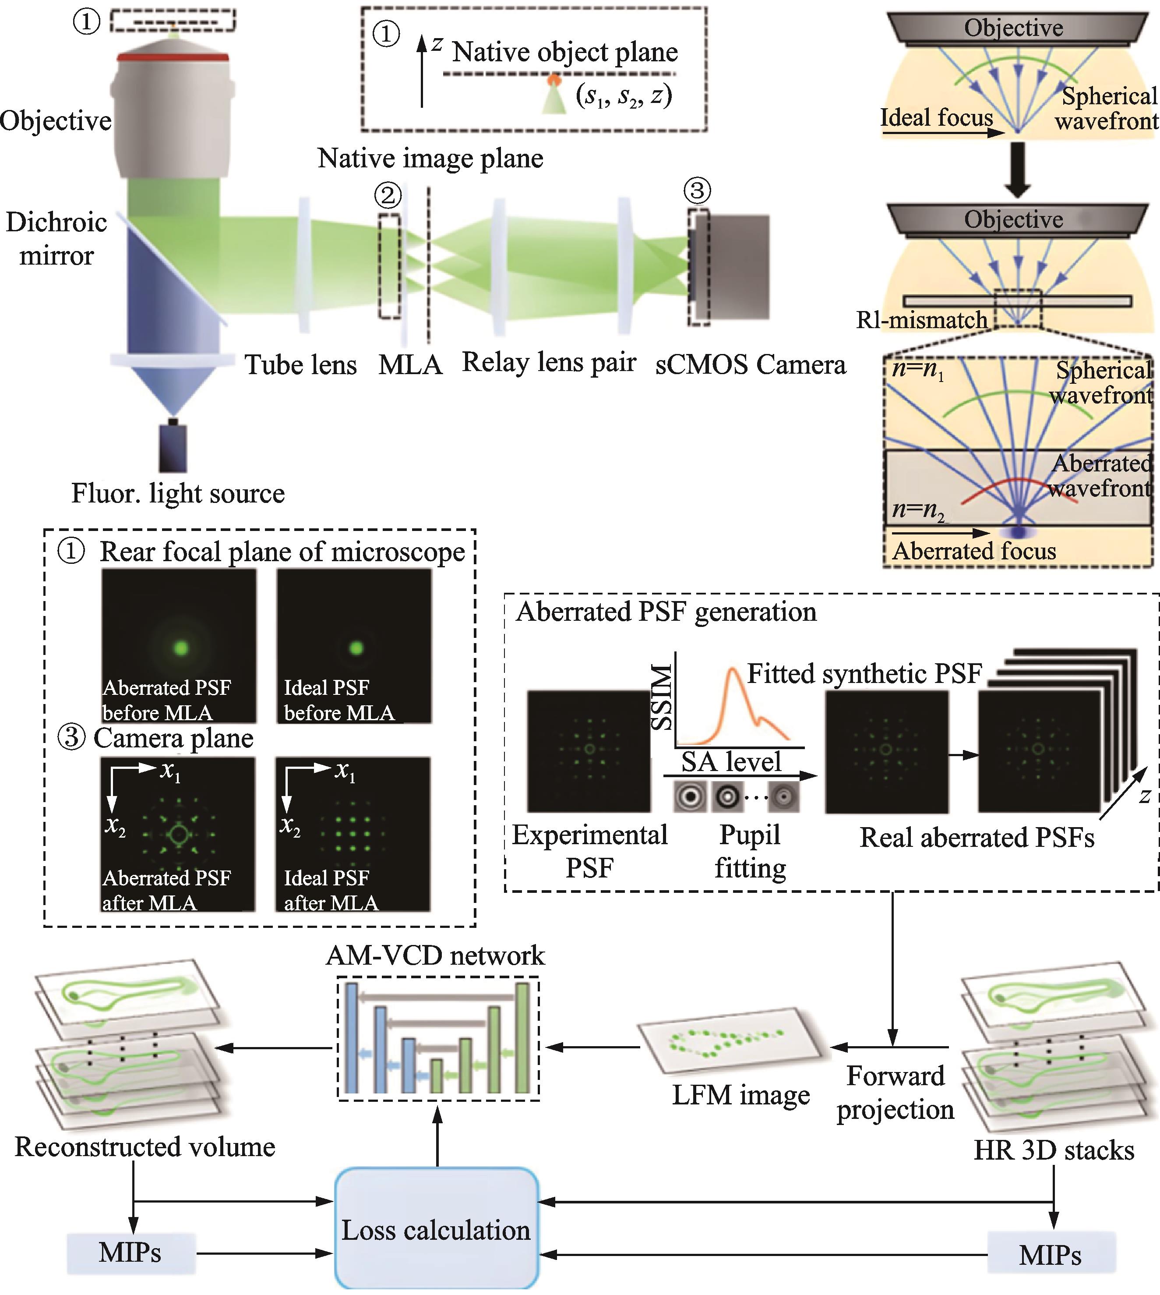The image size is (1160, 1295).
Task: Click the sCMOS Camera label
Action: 750,365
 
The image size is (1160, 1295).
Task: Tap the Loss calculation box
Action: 437,1229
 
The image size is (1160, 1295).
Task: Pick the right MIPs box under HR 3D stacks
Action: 1051,1254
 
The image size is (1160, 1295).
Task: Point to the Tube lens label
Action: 300,365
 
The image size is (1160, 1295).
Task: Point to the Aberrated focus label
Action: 974,550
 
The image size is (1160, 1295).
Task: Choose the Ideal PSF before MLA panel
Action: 354,645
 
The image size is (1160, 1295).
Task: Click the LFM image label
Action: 740,1094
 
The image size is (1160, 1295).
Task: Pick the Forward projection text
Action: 895,1092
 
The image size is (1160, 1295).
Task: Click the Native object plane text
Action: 565,52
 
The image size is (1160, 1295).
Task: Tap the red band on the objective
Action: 172,57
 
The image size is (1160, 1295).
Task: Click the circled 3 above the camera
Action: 697,190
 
